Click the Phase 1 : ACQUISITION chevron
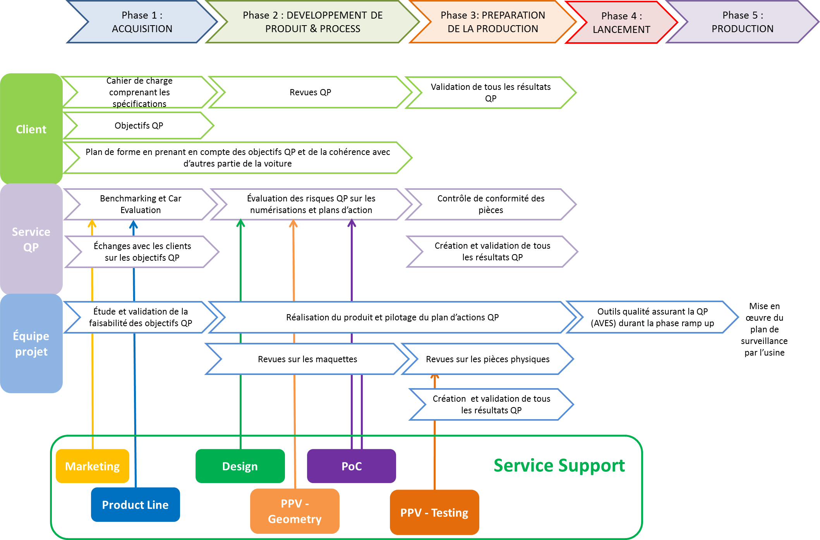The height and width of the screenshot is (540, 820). pos(142,22)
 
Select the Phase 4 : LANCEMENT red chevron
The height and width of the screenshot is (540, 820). pos(621,22)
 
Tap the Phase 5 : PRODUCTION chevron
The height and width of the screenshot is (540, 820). pos(742,22)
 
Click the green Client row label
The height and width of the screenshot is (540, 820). pos(31,129)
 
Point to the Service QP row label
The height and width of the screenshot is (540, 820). pos(31,239)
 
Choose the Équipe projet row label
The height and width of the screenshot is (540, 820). pos(31,343)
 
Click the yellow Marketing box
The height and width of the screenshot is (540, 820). pos(92,466)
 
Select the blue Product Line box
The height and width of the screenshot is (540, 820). pos(135,505)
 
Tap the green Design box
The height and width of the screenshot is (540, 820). pos(240,466)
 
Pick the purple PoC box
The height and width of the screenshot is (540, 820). pos(351,466)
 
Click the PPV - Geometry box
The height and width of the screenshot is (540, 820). pos(294,511)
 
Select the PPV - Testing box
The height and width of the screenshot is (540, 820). pos(434,512)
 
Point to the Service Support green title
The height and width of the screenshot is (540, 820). pos(559,465)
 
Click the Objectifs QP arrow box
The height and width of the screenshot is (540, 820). pos(139,126)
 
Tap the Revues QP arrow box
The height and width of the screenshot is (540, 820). pos(310,92)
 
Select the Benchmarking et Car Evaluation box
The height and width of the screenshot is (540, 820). pos(140,204)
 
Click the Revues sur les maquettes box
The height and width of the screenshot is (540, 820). pos(307,359)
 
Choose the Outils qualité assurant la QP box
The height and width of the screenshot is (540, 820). pos(652,317)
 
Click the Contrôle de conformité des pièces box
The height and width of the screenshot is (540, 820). pos(491,204)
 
